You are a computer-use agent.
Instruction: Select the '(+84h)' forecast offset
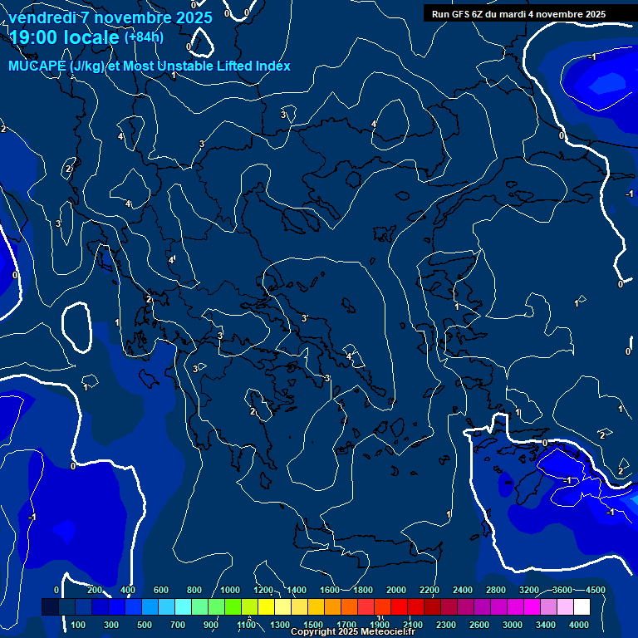click(144, 37)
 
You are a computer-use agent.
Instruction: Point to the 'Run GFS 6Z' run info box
click(518, 14)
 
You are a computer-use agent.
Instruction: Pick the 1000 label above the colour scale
click(230, 590)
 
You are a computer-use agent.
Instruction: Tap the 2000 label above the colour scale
click(396, 590)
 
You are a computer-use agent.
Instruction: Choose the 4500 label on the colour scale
click(595, 590)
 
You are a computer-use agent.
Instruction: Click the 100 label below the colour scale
click(79, 625)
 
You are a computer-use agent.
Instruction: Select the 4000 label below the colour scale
click(579, 625)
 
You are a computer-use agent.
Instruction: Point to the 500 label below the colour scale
click(145, 625)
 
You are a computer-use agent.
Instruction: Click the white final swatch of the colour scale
click(582, 607)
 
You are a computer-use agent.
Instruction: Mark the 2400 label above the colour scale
click(463, 590)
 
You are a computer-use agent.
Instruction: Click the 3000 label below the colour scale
click(513, 625)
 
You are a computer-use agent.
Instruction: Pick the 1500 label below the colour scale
click(313, 625)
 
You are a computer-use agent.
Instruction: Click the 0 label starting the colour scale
click(56, 590)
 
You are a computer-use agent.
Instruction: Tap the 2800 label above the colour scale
click(496, 590)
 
